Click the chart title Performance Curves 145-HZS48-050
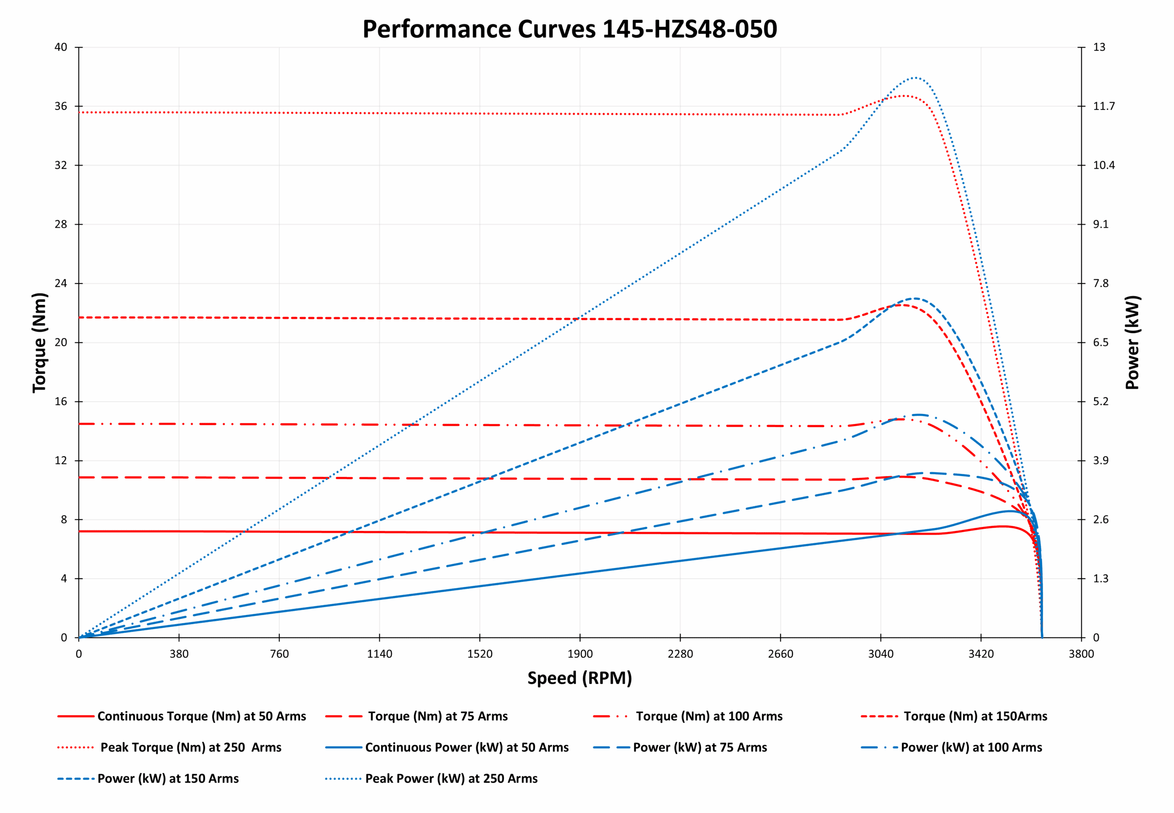click(570, 29)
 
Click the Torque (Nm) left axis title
click(39, 343)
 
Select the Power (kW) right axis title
click(1132, 343)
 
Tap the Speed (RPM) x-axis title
click(580, 678)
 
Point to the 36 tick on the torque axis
click(61, 106)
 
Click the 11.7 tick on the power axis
click(1104, 106)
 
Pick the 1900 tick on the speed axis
click(580, 654)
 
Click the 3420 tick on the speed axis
click(981, 654)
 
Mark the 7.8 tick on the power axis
click(1100, 283)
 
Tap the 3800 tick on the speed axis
click(1081, 654)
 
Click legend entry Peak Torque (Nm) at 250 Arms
click(190, 747)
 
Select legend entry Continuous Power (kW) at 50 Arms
click(466, 747)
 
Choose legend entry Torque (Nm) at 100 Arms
click(709, 716)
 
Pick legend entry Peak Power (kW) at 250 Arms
click(451, 778)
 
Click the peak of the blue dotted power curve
click(915, 78)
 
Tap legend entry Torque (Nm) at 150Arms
click(975, 716)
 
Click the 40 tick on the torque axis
click(61, 47)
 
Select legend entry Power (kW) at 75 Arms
click(700, 747)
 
